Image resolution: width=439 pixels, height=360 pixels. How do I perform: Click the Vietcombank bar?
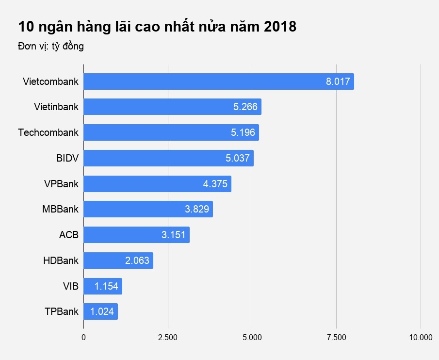[218, 82]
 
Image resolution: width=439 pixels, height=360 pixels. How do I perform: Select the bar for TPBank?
[100, 311]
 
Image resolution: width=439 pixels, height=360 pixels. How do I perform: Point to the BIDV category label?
[67, 158]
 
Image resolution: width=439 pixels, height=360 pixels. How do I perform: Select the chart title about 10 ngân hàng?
[157, 27]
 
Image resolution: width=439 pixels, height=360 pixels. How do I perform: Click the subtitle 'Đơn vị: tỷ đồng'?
[51, 47]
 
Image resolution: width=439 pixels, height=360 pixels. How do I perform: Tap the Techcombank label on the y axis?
[48, 132]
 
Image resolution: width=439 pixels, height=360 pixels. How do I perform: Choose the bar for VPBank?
[157, 184]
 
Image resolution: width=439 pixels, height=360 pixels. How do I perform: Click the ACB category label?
[68, 235]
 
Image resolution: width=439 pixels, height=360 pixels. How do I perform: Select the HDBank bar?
[118, 261]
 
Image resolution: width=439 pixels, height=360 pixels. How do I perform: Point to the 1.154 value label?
[106, 286]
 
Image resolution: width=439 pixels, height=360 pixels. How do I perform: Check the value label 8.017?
[338, 82]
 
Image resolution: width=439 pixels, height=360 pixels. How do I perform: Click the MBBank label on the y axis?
[60, 210]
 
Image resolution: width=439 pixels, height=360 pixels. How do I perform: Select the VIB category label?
[71, 286]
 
